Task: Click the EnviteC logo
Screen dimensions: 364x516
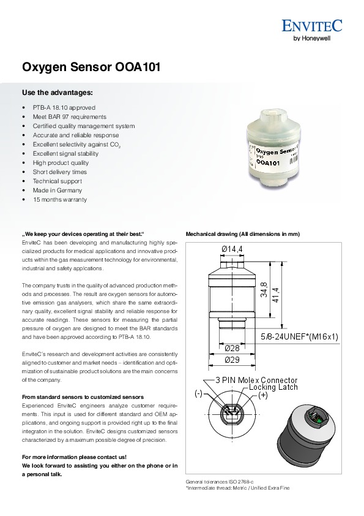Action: click(312, 26)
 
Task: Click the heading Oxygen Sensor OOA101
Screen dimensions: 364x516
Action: click(91, 67)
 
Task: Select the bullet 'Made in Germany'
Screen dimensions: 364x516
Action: click(57, 190)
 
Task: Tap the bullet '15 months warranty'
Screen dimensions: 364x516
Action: click(60, 199)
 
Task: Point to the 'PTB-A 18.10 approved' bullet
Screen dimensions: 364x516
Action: click(64, 108)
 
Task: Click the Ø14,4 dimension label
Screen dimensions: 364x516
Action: click(232, 249)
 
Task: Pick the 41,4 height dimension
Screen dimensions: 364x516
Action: click(275, 295)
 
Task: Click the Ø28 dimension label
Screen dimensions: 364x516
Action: click(232, 348)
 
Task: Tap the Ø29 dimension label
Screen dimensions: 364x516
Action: click(232, 360)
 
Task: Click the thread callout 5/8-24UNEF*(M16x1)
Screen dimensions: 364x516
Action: click(299, 336)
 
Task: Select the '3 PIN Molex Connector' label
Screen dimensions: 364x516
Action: click(256, 380)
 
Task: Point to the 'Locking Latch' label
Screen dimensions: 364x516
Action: click(273, 387)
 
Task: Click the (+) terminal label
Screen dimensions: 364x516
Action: click(263, 395)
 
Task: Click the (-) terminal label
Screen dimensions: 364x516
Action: click(198, 393)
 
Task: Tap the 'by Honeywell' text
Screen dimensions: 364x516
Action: click(312, 38)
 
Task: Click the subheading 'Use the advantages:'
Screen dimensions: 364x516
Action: click(58, 93)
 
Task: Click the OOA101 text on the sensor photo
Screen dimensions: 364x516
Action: click(268, 162)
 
